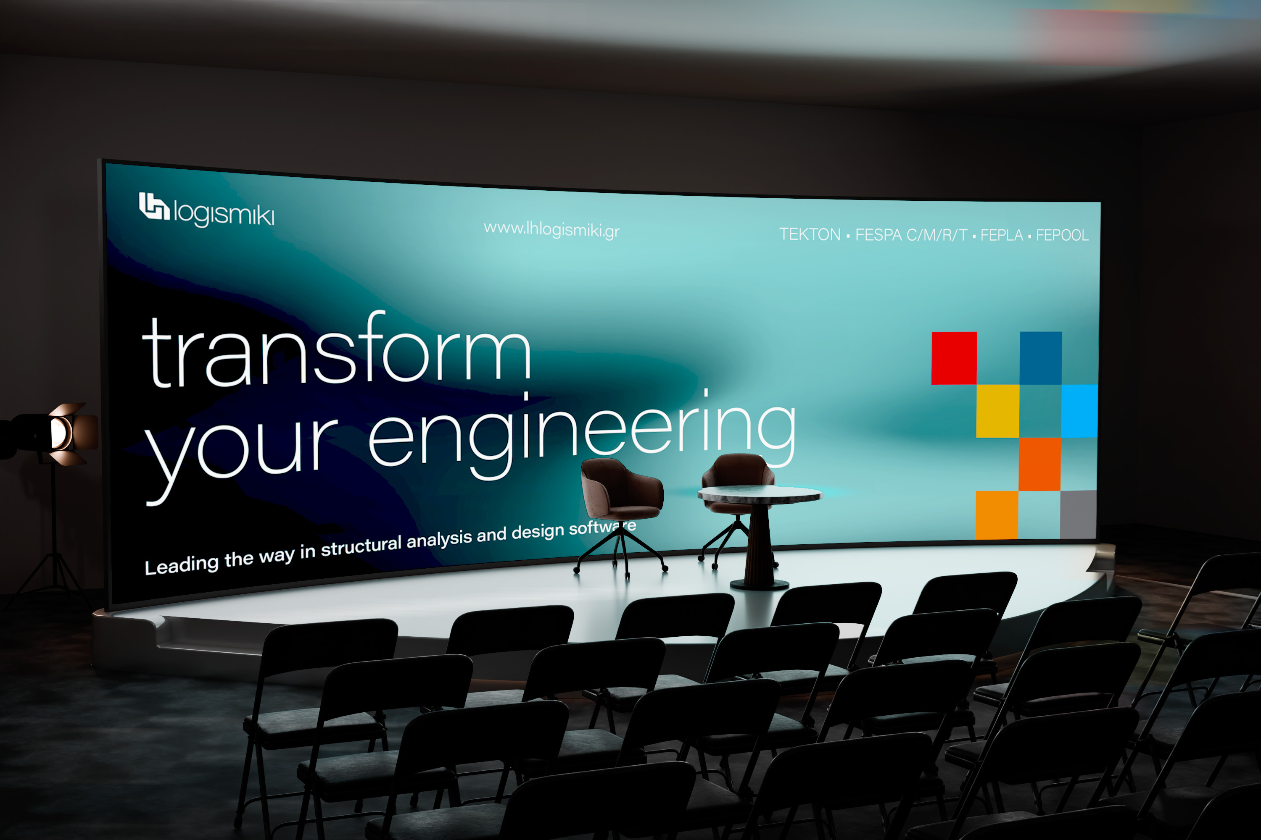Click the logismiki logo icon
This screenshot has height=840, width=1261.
pyautogui.click(x=154, y=206)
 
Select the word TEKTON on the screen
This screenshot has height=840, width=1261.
pyautogui.click(x=810, y=234)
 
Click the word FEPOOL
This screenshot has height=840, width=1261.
pyautogui.click(x=1062, y=235)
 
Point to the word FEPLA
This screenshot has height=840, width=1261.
pyautogui.click(x=1002, y=235)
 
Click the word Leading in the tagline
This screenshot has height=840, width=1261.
pyautogui.click(x=182, y=564)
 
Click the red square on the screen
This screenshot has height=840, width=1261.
pyautogui.click(x=954, y=358)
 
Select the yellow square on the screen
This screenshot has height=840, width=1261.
pyautogui.click(x=997, y=411)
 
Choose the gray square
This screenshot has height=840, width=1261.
pyautogui.click(x=1078, y=514)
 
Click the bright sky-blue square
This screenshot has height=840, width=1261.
pyautogui.click(x=1079, y=411)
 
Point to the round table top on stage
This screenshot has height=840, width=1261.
pyautogui.click(x=759, y=494)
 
